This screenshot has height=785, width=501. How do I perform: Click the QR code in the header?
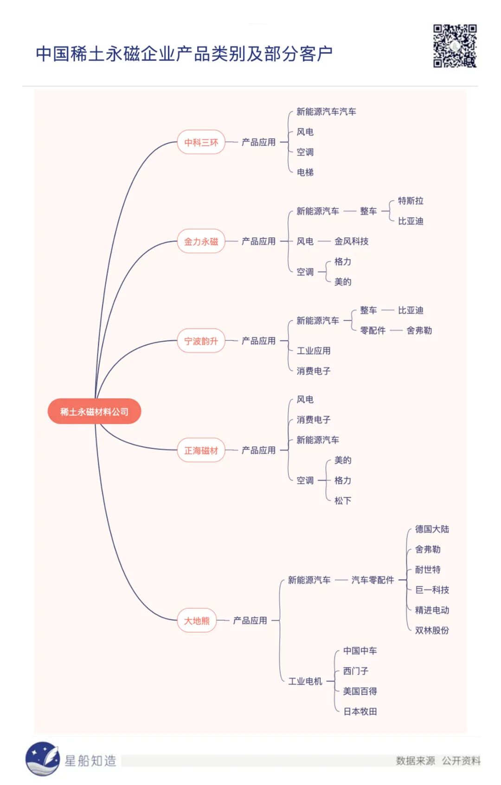click(x=455, y=46)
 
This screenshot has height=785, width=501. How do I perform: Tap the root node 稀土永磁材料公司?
click(x=94, y=412)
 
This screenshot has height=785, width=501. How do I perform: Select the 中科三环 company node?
click(x=201, y=142)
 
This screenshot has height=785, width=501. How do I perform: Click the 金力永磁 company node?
click(x=201, y=242)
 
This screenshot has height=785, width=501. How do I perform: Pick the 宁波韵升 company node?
click(x=201, y=341)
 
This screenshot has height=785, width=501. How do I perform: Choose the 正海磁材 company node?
click(x=201, y=450)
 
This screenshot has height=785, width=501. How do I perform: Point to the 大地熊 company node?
click(x=197, y=621)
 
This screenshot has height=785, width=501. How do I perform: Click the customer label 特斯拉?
click(x=411, y=201)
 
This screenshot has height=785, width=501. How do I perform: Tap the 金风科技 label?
click(x=351, y=241)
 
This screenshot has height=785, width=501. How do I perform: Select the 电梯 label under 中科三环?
click(x=305, y=173)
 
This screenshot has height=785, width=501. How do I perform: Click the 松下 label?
click(x=342, y=501)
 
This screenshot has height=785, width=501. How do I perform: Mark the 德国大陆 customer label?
click(x=431, y=529)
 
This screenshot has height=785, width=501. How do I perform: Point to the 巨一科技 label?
click(x=431, y=590)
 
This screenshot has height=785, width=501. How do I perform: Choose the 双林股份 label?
click(x=431, y=631)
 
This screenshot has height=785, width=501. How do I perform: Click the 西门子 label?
click(x=355, y=671)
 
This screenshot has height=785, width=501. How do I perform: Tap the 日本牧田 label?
click(x=360, y=712)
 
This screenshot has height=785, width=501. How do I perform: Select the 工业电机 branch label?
click(x=305, y=681)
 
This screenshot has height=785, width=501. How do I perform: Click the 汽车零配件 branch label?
click(x=373, y=580)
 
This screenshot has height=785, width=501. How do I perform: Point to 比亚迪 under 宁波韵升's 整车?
click(x=411, y=310)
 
